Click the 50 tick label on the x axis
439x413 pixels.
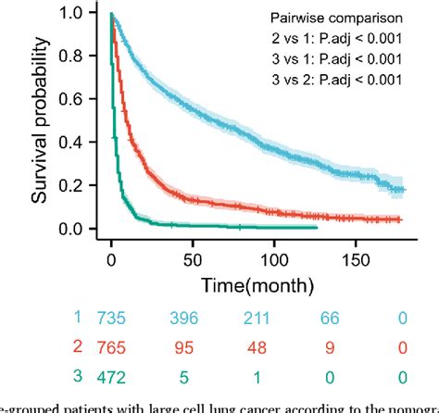194,251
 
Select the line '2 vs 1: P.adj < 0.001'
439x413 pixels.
344,40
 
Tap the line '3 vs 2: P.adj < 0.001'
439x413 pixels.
344,80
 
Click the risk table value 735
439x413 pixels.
113,319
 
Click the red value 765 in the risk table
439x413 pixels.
113,348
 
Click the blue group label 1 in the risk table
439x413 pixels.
78,319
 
